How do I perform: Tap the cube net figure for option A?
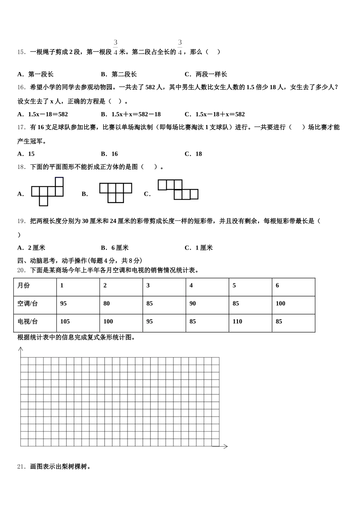click(x=47, y=192)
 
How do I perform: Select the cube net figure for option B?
click(x=116, y=193)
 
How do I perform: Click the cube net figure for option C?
click(x=178, y=190)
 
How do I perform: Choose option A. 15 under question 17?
click(x=26, y=154)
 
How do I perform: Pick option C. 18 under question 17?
click(x=193, y=154)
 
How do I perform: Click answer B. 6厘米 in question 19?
click(x=115, y=248)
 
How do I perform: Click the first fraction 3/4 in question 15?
click(x=116, y=47)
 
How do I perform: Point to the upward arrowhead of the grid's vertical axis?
click(x=21, y=349)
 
